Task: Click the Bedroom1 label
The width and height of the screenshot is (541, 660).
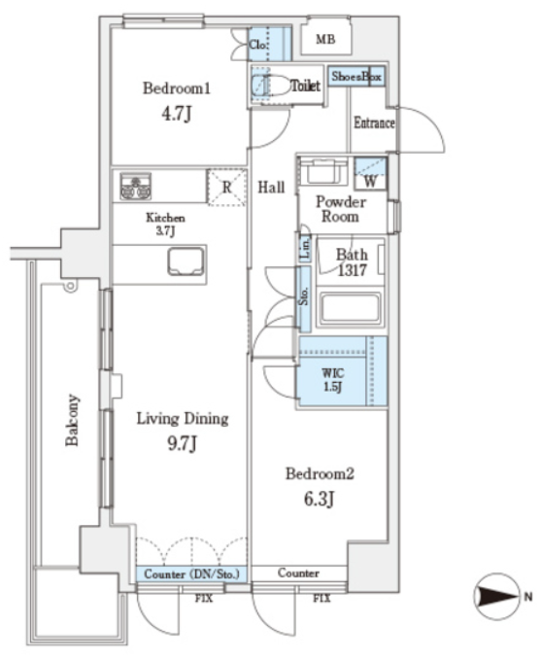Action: point(176,88)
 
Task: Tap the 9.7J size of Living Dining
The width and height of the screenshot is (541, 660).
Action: point(183,443)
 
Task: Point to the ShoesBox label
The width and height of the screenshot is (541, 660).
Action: point(356,77)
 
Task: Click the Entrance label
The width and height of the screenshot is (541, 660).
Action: point(374,122)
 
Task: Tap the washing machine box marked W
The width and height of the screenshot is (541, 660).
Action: point(370,173)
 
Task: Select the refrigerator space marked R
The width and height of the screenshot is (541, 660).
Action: point(227,187)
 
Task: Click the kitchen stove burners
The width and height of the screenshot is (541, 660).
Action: point(135,186)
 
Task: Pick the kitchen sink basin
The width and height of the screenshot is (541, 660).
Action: point(186,261)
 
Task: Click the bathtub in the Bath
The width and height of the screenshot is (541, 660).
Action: point(350,307)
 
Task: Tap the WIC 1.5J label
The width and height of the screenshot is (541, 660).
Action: point(333,380)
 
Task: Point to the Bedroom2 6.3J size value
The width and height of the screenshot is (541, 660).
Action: point(320,500)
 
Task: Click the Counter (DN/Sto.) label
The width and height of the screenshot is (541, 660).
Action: point(191,573)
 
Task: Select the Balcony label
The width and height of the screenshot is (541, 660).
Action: point(72,419)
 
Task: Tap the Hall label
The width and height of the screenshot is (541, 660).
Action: point(271,187)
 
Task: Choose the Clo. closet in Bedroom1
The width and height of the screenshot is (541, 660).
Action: point(270,44)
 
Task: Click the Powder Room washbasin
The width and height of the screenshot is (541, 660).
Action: point(323,172)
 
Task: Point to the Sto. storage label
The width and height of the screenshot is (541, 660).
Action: point(303,296)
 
